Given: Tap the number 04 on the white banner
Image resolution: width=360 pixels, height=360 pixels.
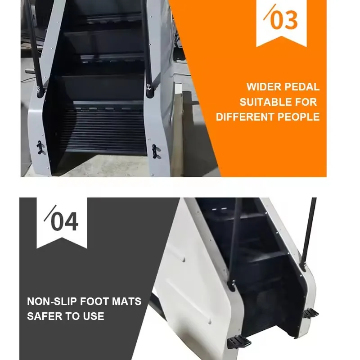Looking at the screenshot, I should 64,221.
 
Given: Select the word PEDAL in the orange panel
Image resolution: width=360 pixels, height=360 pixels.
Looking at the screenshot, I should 304,87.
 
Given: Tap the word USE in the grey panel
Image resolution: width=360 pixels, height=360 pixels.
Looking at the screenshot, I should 92,316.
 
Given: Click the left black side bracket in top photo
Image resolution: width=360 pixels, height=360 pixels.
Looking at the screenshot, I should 41,147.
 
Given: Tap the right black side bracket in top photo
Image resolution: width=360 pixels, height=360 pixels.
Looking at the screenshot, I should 156,150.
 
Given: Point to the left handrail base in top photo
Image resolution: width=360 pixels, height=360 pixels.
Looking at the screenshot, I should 40,91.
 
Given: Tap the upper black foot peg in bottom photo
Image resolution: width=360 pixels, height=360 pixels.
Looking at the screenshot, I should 310,313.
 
